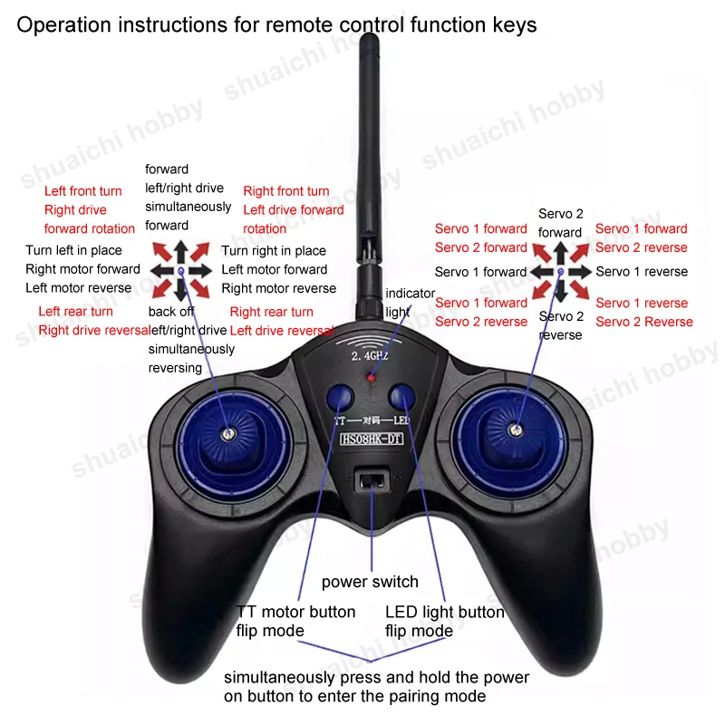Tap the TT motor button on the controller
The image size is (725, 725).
point(339,396)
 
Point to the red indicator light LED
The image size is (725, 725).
point(371,374)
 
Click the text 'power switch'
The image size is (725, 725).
point(370,582)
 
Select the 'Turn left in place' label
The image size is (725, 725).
point(73,250)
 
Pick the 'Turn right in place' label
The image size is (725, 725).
point(274,251)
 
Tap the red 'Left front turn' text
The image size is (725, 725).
point(82,191)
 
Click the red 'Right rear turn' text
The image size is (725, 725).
point(272,312)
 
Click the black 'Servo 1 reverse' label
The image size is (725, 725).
point(642,272)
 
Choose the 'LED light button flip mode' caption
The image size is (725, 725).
point(444,622)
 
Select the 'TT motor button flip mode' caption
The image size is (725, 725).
point(295,622)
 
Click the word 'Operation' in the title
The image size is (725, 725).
point(58,24)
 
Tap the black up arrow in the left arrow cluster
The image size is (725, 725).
point(181,251)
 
